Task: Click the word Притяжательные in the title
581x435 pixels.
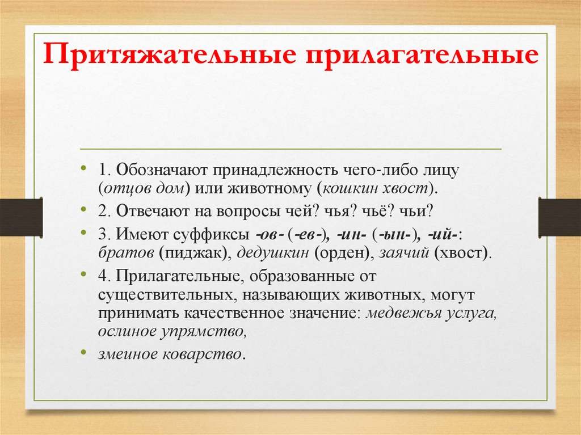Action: click(x=172, y=58)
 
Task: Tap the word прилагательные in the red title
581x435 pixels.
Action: click(x=423, y=58)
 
